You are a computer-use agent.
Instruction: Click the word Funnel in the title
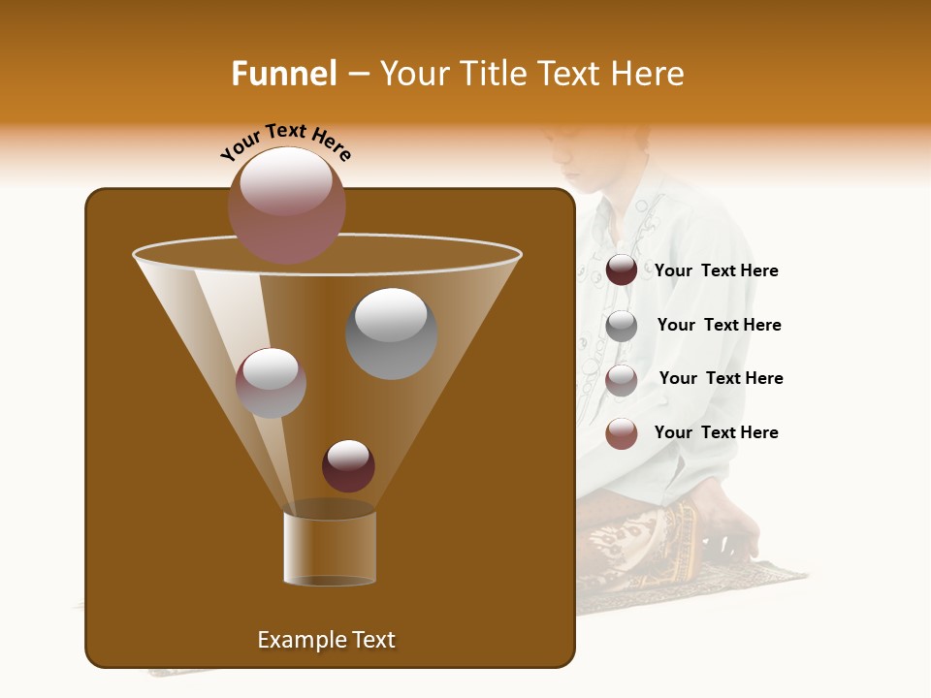(x=283, y=74)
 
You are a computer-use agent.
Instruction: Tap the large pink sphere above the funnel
(x=287, y=205)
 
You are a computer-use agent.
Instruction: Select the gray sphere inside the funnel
(x=391, y=333)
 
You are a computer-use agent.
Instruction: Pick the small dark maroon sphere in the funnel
(x=348, y=465)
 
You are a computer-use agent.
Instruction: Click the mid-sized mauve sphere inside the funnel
(x=271, y=383)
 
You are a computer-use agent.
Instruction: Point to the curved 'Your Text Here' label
(x=286, y=142)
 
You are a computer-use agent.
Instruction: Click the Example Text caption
(x=326, y=640)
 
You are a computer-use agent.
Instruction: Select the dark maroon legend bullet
(x=622, y=270)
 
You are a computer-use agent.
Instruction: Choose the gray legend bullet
(x=622, y=326)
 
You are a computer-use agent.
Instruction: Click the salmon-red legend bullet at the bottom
(x=622, y=433)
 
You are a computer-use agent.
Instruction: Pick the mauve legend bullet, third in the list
(x=622, y=380)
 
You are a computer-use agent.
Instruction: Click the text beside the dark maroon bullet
(x=716, y=271)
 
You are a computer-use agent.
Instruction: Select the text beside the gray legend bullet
(x=719, y=326)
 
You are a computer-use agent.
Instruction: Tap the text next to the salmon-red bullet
(x=716, y=432)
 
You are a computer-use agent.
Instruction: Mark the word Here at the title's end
(x=649, y=74)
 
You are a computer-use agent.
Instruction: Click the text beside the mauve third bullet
(x=721, y=379)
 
